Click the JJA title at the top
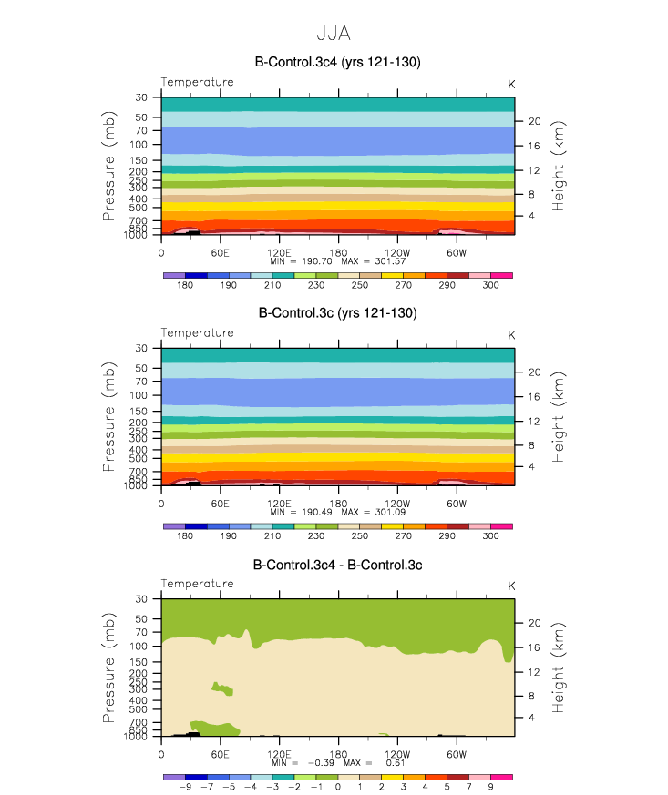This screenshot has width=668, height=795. coord(333,33)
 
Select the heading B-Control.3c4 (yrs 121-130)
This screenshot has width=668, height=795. coord(337,62)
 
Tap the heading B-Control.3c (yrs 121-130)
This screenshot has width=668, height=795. coord(337,313)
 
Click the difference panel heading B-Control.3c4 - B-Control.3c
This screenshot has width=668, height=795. coord(337,565)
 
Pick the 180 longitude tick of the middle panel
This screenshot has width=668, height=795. coord(338,504)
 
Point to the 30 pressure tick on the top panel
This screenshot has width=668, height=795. coord(141,97)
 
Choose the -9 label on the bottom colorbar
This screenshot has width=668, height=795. coord(185,787)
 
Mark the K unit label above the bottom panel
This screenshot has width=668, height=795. coord(511,585)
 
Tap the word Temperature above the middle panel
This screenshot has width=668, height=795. coord(197,333)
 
